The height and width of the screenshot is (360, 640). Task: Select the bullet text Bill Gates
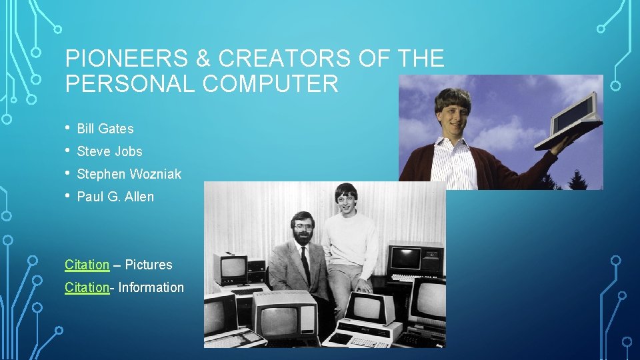(105, 129)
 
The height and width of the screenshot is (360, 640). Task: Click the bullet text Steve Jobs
(109, 151)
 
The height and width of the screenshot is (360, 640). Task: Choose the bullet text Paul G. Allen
(115, 197)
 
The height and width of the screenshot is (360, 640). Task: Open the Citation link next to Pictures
(87, 265)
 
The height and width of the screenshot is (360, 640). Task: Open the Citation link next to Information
(87, 287)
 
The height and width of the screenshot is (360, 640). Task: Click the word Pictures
(148, 265)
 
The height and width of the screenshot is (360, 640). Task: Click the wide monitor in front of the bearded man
(285, 313)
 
